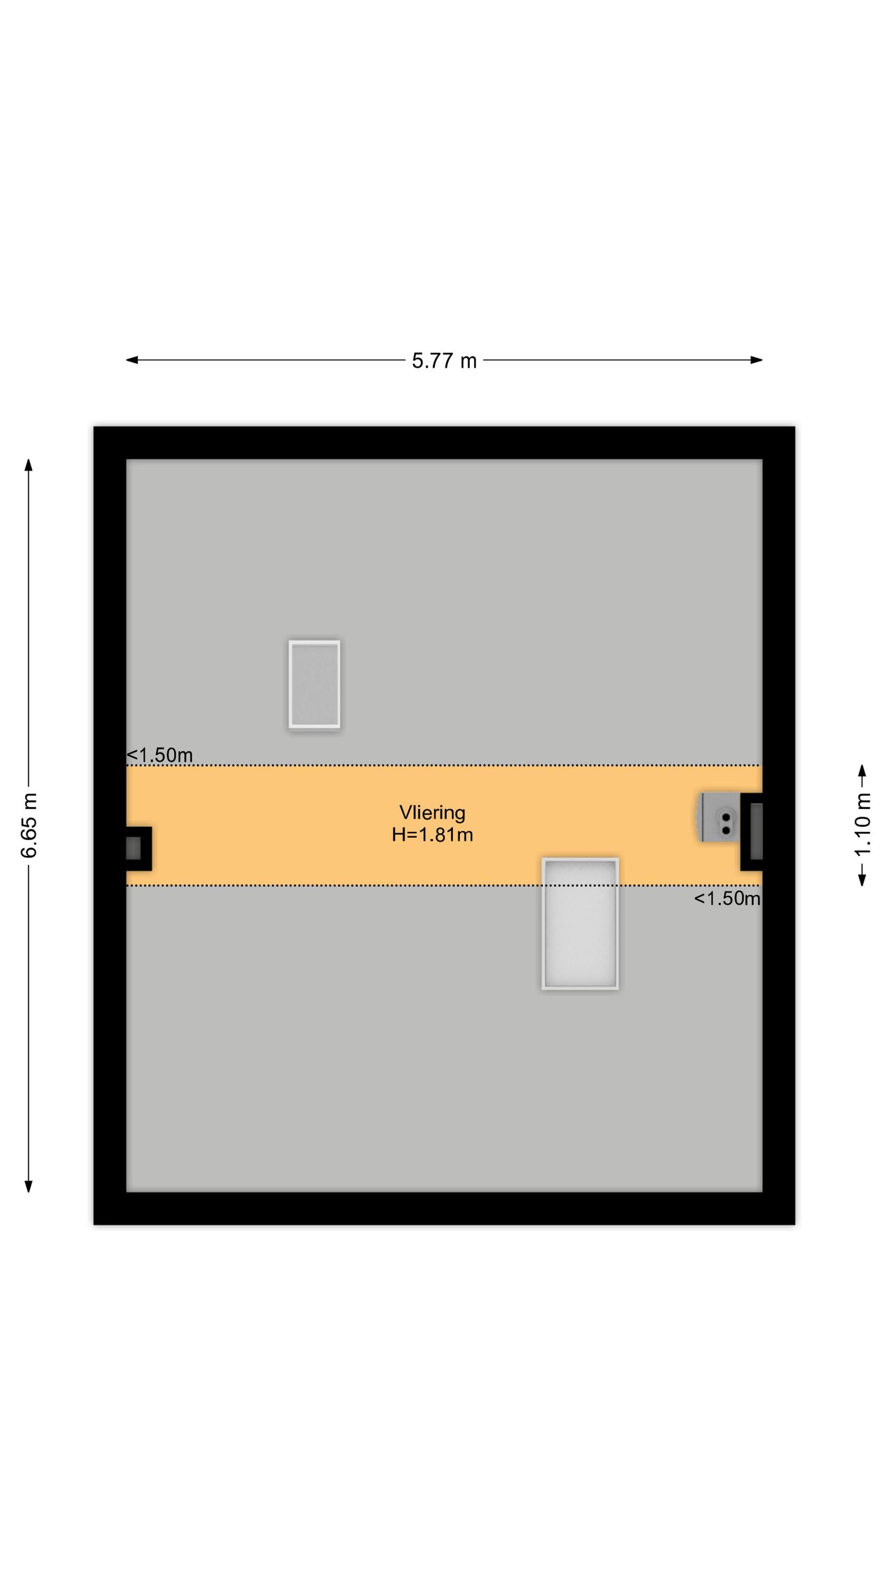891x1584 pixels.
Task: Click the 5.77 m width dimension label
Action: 444,360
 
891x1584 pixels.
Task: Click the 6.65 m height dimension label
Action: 29,826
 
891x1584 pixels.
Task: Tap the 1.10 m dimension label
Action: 862,825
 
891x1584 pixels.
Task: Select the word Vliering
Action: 432,813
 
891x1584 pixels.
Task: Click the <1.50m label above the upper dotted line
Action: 160,755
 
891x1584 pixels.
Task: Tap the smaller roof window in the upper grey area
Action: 314,684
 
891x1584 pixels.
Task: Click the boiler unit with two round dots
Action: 719,817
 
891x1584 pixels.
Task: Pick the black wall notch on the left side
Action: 139,848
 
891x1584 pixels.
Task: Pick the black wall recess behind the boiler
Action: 752,832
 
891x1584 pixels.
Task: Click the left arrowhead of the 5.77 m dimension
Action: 131,360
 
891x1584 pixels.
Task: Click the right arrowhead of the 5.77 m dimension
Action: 757,360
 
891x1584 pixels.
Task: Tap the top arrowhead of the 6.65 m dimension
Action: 29,465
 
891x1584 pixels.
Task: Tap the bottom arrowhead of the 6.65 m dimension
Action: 29,1186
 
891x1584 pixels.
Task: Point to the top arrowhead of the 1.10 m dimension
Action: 862,771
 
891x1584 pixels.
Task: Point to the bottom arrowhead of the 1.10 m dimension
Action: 862,879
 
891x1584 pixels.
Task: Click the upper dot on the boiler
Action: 726,817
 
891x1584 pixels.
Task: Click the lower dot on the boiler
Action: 726,830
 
